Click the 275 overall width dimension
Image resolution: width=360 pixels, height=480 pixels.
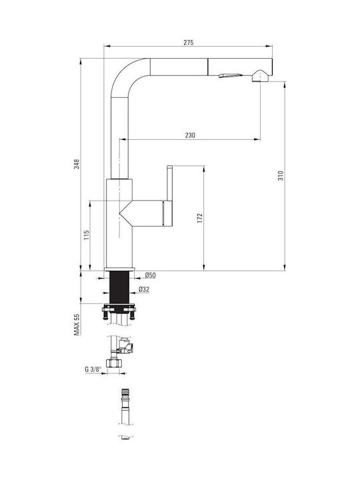pos(189,43)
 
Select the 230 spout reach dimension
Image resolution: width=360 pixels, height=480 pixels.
pos(190,135)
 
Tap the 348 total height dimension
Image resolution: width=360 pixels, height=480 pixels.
pos(77,164)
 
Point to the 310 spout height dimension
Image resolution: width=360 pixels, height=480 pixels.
pos(281,175)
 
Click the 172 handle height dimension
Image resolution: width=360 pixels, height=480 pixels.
pos(200,218)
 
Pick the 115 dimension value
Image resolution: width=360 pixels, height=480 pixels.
pos(87,235)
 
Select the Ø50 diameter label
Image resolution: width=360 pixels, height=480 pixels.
pos(150,275)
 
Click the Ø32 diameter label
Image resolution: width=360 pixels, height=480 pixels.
pos(144,289)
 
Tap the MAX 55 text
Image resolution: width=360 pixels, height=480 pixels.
pos(77,325)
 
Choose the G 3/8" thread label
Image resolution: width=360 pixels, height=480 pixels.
pos(93,369)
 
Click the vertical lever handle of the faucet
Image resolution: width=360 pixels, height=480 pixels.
pos(170,196)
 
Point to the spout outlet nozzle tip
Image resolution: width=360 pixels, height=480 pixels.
pos(260,76)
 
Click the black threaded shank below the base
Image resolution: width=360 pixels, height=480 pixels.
pos(119,287)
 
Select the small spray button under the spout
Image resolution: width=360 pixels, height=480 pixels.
pos(230,75)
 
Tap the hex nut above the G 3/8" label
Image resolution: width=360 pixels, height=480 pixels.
pos(114,363)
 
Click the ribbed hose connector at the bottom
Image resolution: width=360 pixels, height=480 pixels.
pos(125,393)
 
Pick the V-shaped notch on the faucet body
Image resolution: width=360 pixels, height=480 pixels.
pos(125,213)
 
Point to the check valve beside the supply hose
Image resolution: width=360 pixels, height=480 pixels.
pos(127,347)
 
